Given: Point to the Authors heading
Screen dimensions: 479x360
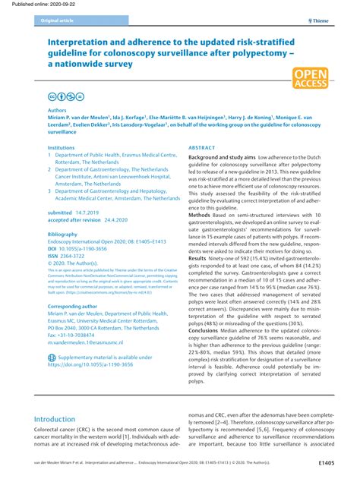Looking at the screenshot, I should (x=58, y=110).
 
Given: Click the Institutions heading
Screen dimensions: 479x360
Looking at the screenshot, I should (x=62, y=147).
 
